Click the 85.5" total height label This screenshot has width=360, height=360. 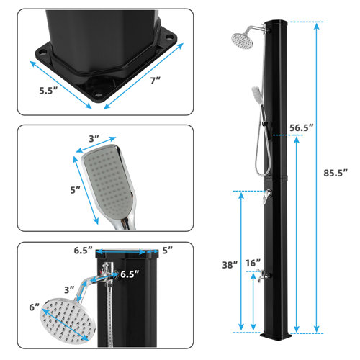(x=335, y=174)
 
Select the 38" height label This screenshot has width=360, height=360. (x=230, y=264)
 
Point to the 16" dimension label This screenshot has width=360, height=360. (x=252, y=264)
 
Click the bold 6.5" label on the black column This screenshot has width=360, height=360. (x=130, y=274)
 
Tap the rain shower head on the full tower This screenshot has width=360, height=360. (x=245, y=40)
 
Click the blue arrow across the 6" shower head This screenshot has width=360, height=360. (x=66, y=320)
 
